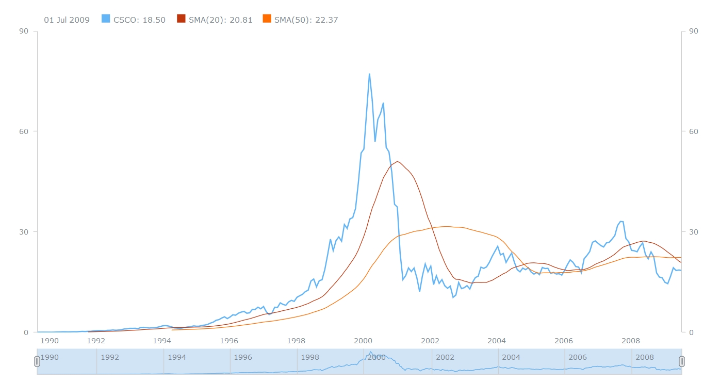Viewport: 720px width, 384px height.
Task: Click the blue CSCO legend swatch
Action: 106,19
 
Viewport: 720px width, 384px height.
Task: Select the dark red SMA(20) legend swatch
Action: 181,19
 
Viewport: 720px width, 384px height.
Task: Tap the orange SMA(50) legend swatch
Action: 267,19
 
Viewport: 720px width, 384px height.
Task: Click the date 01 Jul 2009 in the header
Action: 67,20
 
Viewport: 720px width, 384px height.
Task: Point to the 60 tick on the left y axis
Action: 24,131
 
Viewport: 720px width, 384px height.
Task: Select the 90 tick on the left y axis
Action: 24,31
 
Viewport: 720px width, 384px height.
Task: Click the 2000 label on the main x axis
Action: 363,341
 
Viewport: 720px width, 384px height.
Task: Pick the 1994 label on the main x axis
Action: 162,341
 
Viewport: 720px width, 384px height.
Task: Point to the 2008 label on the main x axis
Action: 631,341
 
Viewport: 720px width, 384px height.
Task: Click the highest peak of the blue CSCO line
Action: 369,74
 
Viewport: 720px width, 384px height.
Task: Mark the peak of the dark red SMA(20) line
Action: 397,161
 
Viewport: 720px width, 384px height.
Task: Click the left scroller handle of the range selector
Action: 37,361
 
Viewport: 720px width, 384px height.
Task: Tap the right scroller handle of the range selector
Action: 681,361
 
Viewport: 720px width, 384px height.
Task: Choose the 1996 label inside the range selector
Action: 243,357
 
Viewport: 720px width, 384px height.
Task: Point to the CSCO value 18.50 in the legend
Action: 154,20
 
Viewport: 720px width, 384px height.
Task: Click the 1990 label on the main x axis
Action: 50,341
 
